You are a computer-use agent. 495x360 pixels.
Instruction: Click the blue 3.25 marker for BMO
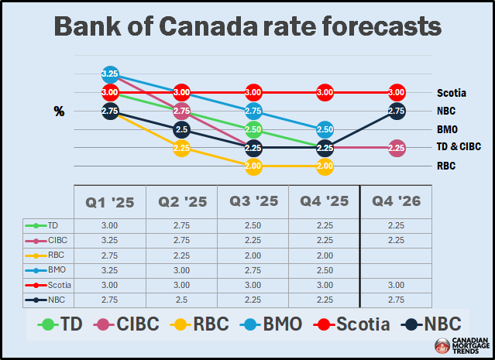[110, 75]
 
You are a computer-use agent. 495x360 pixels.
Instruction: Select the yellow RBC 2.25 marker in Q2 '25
[181, 147]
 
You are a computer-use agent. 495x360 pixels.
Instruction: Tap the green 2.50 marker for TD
[253, 129]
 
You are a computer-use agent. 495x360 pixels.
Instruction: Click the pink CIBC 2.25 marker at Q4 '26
[397, 147]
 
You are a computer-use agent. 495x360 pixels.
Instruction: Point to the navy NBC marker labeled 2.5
[181, 129]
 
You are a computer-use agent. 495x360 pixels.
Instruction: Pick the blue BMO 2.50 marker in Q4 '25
[325, 129]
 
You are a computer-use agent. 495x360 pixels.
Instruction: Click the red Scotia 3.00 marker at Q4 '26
[397, 93]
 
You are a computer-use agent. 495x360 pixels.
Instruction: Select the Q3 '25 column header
[253, 203]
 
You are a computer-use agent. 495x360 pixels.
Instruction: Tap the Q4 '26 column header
[397, 203]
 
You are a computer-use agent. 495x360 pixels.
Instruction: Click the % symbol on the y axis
[59, 111]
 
